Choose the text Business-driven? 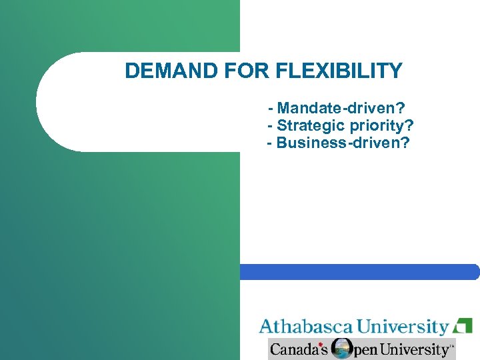(x=343, y=143)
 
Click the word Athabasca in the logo (x=306, y=327)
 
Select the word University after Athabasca (x=402, y=327)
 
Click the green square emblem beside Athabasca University (x=463, y=326)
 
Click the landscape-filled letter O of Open (x=342, y=349)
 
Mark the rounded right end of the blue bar (x=474, y=272)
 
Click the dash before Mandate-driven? (x=271, y=108)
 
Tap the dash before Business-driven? (x=269, y=143)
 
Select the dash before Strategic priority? (x=269, y=125)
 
